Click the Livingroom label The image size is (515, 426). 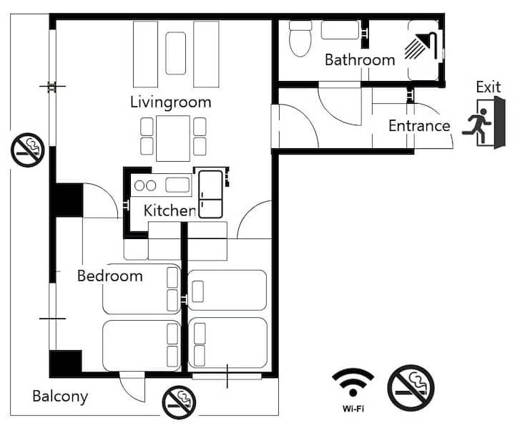170,102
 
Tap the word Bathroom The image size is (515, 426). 360,60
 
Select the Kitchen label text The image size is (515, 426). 170,210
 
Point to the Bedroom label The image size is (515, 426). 110,276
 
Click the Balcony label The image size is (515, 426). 60,397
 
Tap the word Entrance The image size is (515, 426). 419,126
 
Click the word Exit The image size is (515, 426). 489,87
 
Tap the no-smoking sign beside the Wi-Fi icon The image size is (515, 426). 411,388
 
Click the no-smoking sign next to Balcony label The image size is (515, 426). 179,402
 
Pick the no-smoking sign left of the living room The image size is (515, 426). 28,150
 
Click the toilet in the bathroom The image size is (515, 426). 300,39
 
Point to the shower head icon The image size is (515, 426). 421,46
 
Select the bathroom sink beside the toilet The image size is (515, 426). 340,30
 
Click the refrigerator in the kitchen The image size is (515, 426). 210,194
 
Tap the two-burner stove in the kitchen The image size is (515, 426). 145,185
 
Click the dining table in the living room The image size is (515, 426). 173,138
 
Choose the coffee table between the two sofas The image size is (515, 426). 176,53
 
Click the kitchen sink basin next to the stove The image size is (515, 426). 177,185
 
